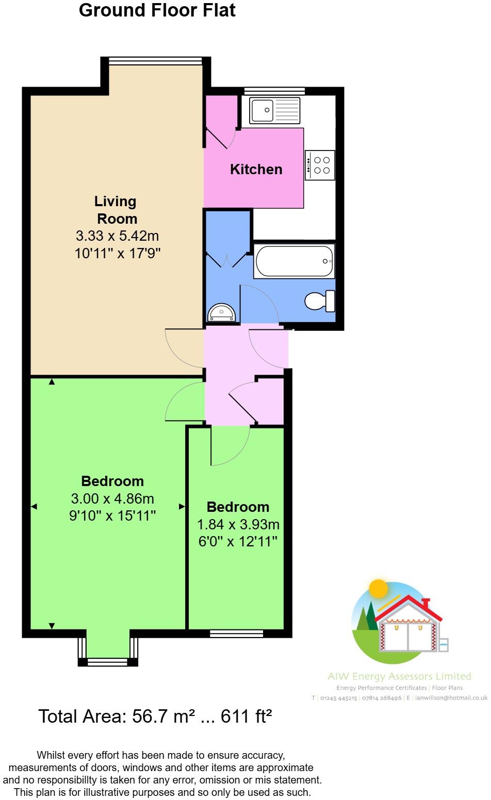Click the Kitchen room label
(256, 169)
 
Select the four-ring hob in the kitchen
(320, 165)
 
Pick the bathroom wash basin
(222, 312)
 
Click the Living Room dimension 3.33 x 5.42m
(117, 236)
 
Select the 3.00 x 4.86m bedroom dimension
(112, 498)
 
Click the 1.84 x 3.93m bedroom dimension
(238, 524)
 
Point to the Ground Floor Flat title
(157, 10)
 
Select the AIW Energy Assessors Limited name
(400, 676)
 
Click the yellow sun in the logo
(379, 588)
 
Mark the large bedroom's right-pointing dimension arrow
(182, 507)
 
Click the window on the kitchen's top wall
(274, 91)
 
